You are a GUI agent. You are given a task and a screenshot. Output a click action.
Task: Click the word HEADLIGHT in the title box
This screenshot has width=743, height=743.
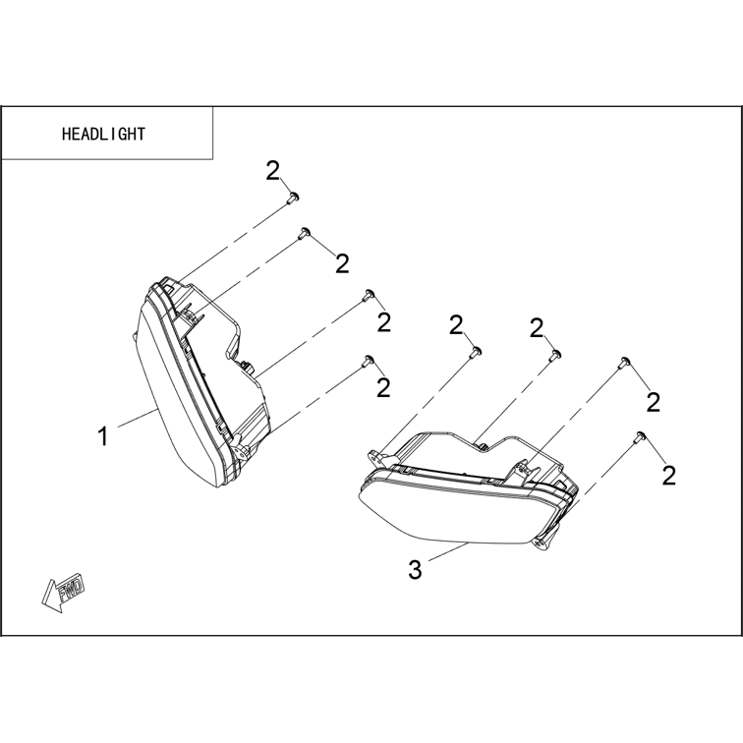(x=103, y=134)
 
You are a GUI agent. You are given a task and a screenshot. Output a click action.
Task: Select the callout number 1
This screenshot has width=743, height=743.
(x=103, y=436)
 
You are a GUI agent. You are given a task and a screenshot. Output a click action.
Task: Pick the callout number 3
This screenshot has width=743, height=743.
(x=415, y=570)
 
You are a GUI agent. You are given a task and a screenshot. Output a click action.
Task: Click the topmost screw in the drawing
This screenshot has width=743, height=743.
(x=293, y=198)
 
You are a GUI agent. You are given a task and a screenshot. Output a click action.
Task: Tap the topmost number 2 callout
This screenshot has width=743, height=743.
(x=273, y=171)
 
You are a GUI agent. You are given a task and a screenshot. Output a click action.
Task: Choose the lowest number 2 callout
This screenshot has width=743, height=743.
(x=668, y=476)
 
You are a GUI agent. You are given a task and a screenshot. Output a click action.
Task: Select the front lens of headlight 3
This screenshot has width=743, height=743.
(x=455, y=512)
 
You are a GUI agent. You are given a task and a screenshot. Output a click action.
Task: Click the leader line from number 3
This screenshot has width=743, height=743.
(x=448, y=553)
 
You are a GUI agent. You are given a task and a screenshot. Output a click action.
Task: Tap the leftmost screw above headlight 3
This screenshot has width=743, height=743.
(x=476, y=352)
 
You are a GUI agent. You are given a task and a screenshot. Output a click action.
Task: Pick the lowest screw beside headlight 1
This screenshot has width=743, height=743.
(x=369, y=361)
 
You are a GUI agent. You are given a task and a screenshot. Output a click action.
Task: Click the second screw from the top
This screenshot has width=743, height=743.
(x=303, y=233)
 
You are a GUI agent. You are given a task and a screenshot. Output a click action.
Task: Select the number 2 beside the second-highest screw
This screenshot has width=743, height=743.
(x=342, y=263)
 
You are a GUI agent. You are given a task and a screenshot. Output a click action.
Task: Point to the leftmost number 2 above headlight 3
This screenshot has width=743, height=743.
(x=456, y=325)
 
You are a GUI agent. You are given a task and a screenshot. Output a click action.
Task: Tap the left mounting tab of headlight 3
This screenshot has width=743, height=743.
(x=377, y=456)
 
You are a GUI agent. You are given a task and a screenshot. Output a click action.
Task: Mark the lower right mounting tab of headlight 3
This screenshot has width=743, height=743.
(x=544, y=542)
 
